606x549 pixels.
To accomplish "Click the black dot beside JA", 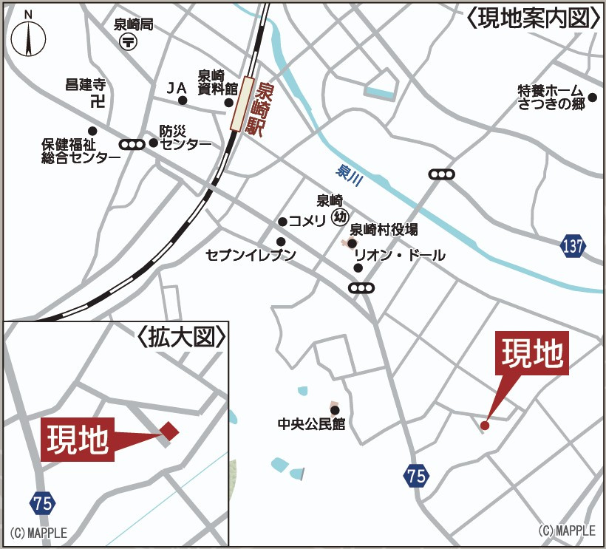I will tap(183, 100).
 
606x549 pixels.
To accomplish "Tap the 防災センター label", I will tap(185, 137).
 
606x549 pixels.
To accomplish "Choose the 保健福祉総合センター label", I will tap(81, 150).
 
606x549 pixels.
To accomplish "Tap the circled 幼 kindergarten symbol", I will tap(340, 216).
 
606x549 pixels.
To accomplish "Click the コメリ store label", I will tap(307, 221).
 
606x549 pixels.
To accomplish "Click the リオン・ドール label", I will tap(400, 256).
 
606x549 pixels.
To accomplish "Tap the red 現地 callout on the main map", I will tap(534, 354).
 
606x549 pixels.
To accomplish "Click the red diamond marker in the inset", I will tap(170, 432).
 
